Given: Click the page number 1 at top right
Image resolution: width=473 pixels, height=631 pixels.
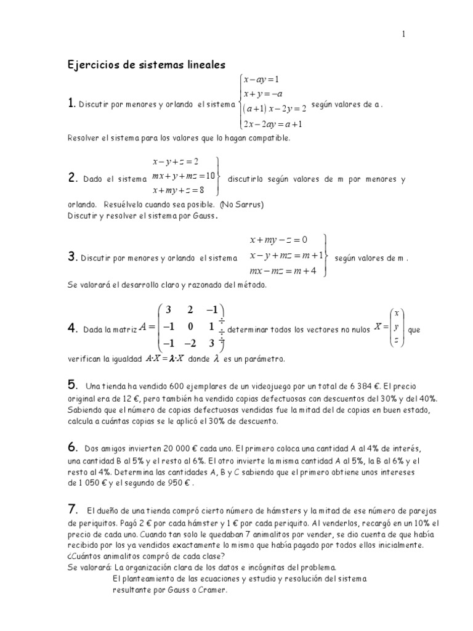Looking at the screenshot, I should coord(403,35).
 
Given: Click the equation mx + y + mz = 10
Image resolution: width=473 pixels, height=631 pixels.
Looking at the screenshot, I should coord(183,176).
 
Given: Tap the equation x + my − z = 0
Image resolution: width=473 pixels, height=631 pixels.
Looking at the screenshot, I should coord(278,240).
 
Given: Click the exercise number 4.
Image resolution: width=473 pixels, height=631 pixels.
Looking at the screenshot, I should coord(71,329).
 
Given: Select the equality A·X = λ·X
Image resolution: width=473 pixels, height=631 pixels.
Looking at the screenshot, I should coord(164,358).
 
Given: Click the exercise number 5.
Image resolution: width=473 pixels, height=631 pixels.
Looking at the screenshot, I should coord(71,386).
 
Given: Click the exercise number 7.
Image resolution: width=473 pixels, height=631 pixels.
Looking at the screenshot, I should coord(71,509).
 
